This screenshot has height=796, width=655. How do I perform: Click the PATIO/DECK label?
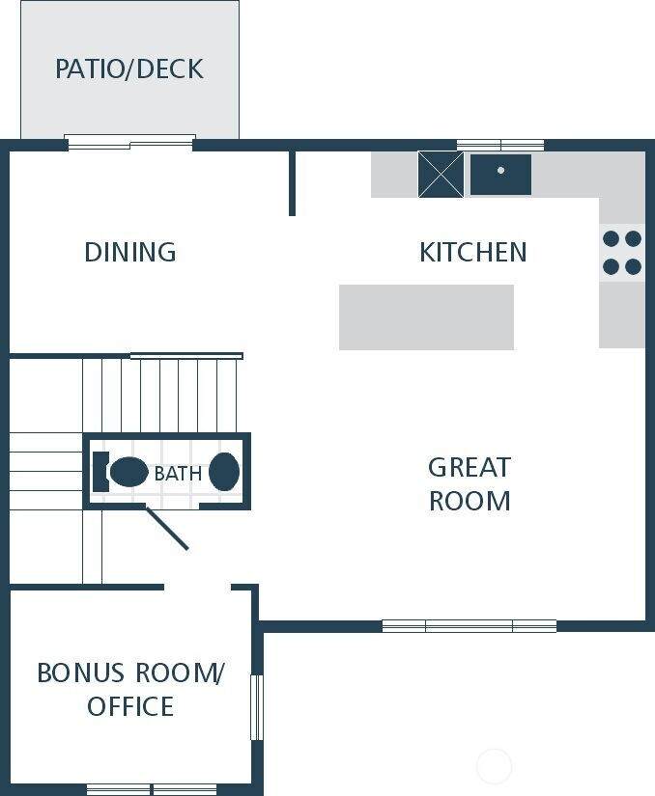[129, 69]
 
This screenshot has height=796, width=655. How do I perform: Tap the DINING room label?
[130, 252]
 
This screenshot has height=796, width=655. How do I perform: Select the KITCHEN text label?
[472, 252]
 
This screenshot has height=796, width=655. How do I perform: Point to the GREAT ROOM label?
[470, 484]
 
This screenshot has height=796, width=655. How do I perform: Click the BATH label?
[178, 474]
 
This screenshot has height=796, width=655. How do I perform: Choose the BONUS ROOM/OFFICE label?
[130, 690]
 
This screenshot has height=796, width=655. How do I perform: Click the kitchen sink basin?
[500, 175]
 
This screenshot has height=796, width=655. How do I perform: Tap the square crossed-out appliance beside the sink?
[441, 174]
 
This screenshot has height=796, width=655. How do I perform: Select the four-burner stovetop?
[622, 252]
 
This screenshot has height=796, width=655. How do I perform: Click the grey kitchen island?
[426, 317]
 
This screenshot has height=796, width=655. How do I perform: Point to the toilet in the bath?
[122, 472]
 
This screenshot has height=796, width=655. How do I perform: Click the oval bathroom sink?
[224, 472]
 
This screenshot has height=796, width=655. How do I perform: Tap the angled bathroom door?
[167, 527]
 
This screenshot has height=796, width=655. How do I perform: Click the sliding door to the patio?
[130, 143]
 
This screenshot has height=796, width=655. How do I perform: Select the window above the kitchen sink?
[500, 145]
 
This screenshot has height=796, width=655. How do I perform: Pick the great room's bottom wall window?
[469, 626]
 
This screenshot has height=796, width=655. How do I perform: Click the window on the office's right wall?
[257, 707]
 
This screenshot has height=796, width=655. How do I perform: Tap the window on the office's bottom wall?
[152, 790]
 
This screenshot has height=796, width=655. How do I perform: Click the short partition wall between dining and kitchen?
[292, 183]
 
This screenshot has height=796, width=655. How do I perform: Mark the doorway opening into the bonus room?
[198, 588]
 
